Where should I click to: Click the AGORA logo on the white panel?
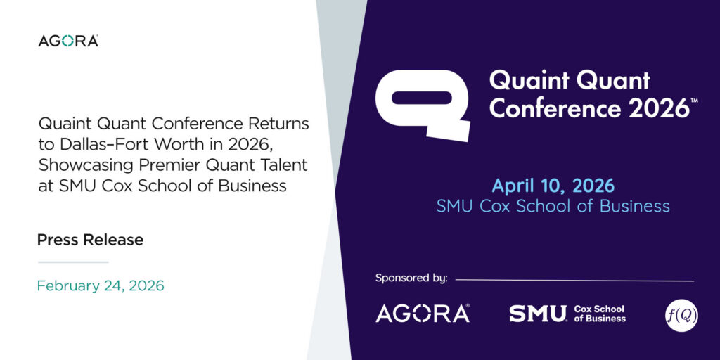click(x=68, y=41)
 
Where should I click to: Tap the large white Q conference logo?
click(x=423, y=105)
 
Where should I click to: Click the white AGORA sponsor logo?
click(x=423, y=313)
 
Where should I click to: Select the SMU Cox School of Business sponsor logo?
click(x=567, y=313)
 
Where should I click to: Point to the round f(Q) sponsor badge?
click(x=682, y=315)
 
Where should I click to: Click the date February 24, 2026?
click(x=101, y=285)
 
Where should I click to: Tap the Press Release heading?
click(x=90, y=240)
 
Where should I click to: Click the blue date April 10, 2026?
click(x=553, y=186)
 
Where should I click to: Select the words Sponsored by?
click(x=411, y=278)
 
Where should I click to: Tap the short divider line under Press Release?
click(x=73, y=262)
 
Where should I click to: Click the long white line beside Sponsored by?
click(x=574, y=280)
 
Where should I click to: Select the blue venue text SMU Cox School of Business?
click(x=553, y=206)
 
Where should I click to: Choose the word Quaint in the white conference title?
click(x=523, y=82)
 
